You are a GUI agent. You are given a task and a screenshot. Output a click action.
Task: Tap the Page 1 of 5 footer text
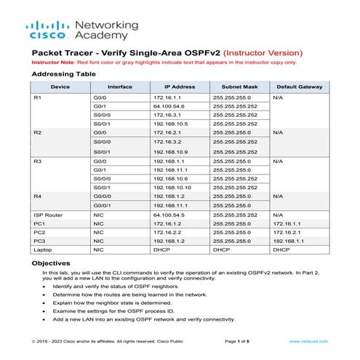[238, 341]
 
